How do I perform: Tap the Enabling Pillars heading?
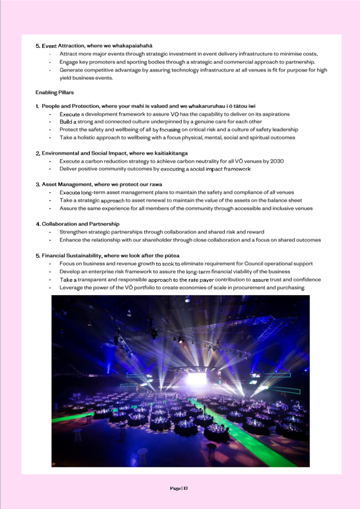(54, 92)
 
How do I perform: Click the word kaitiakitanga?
(168, 153)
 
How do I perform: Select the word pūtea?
(172, 256)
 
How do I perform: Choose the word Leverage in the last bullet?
(71, 288)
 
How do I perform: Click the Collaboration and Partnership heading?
(77, 224)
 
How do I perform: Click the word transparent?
(99, 280)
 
